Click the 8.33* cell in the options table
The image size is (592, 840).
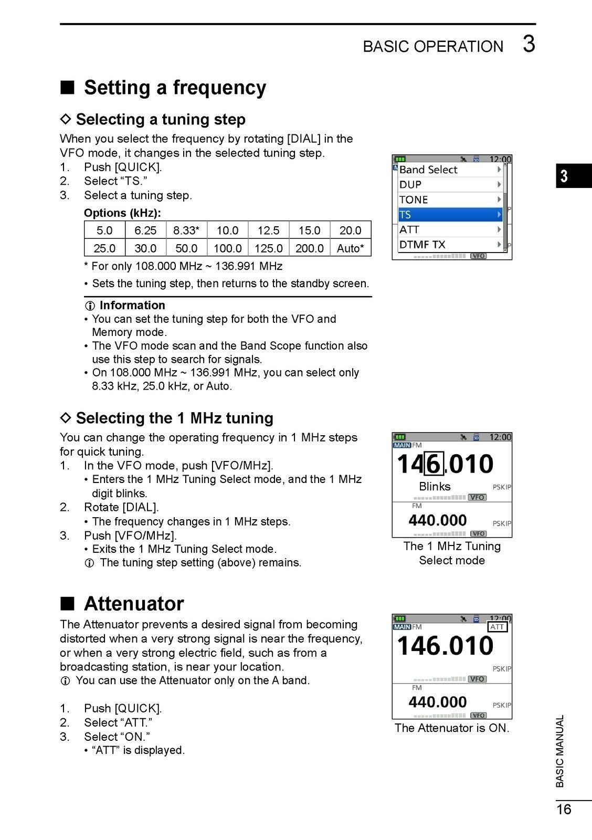[186, 230]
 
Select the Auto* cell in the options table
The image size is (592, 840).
[351, 248]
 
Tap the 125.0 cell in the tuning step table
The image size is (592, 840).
[268, 248]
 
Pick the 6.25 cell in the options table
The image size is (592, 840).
[145, 230]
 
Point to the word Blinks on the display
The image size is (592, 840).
[435, 487]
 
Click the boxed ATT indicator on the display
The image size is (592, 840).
[497, 627]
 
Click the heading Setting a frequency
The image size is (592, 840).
[175, 88]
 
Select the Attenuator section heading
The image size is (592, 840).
[134, 604]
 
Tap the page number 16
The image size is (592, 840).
[564, 810]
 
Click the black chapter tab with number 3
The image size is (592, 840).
[573, 176]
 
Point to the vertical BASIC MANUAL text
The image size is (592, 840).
[560, 751]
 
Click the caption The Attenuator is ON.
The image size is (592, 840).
[452, 728]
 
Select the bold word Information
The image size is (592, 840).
[132, 306]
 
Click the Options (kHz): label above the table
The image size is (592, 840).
[122, 213]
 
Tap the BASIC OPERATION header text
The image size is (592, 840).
[433, 47]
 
